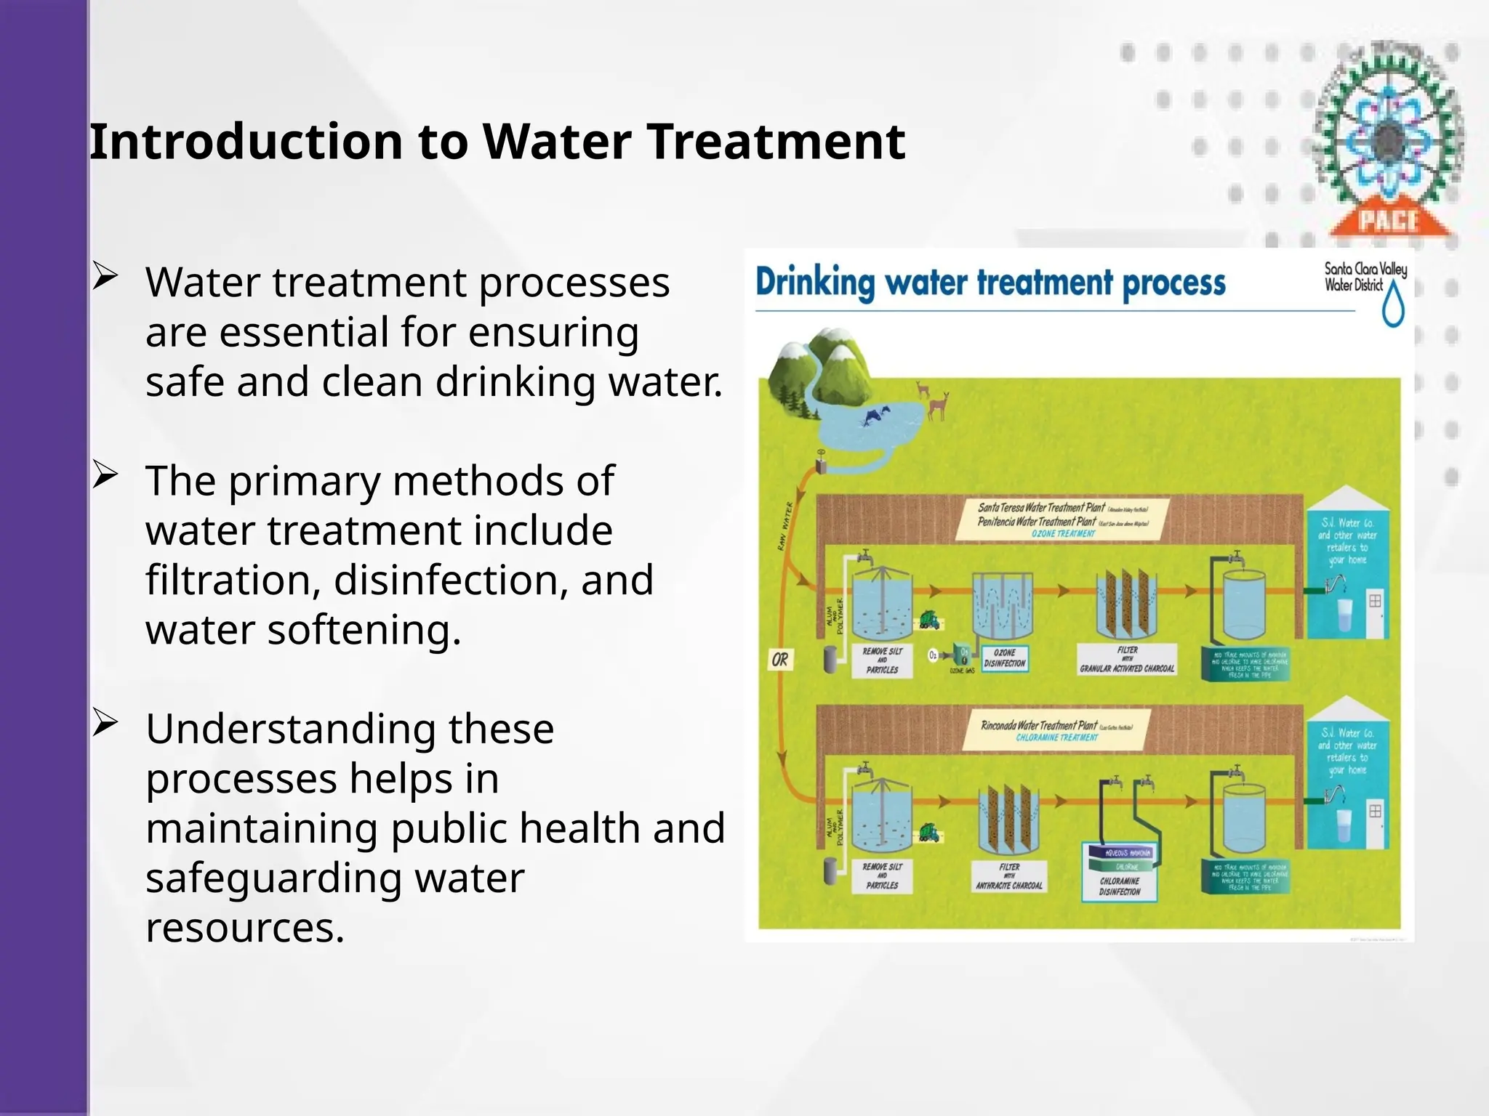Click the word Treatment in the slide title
click(776, 142)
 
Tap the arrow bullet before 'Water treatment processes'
click(105, 278)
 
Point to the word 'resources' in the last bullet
click(244, 929)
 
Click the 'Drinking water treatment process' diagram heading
click(990, 283)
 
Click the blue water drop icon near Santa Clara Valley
click(1393, 305)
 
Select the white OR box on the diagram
click(780, 660)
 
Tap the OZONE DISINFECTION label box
click(1005, 658)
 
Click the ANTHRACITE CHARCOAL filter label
click(1009, 876)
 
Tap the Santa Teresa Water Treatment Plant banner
click(1061, 519)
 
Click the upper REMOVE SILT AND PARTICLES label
click(882, 660)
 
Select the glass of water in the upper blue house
click(1346, 615)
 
